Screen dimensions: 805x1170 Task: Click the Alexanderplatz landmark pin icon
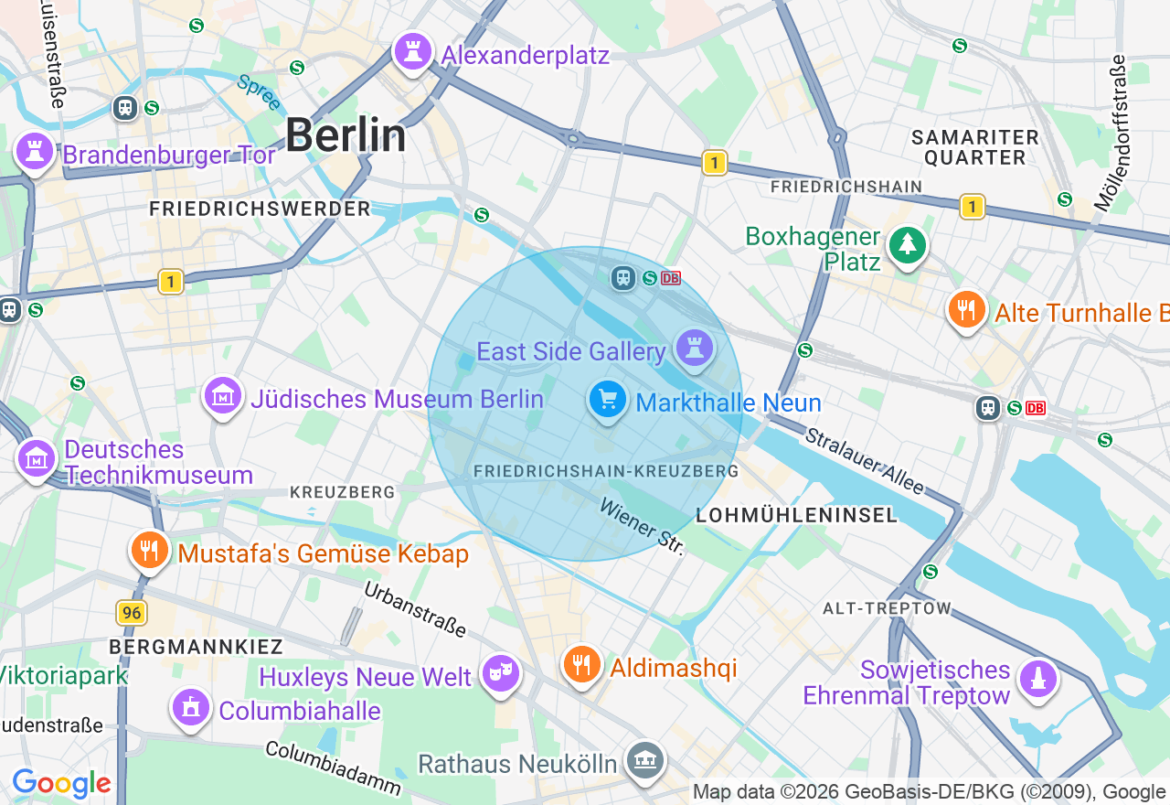pos(412,53)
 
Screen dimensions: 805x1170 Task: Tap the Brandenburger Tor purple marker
pos(35,151)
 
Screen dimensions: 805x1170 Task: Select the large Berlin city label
pos(346,136)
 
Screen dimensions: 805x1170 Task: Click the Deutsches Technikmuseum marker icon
pos(37,459)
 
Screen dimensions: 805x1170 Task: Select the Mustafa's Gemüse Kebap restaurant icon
pos(149,551)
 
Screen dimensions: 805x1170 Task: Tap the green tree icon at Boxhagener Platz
pos(907,245)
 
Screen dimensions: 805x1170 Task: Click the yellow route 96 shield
pos(133,613)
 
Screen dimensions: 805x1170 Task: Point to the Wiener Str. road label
pos(642,526)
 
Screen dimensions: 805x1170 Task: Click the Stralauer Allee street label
pos(864,461)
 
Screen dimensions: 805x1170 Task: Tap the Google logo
pos(61,783)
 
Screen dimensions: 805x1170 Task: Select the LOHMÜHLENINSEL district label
pos(797,515)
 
